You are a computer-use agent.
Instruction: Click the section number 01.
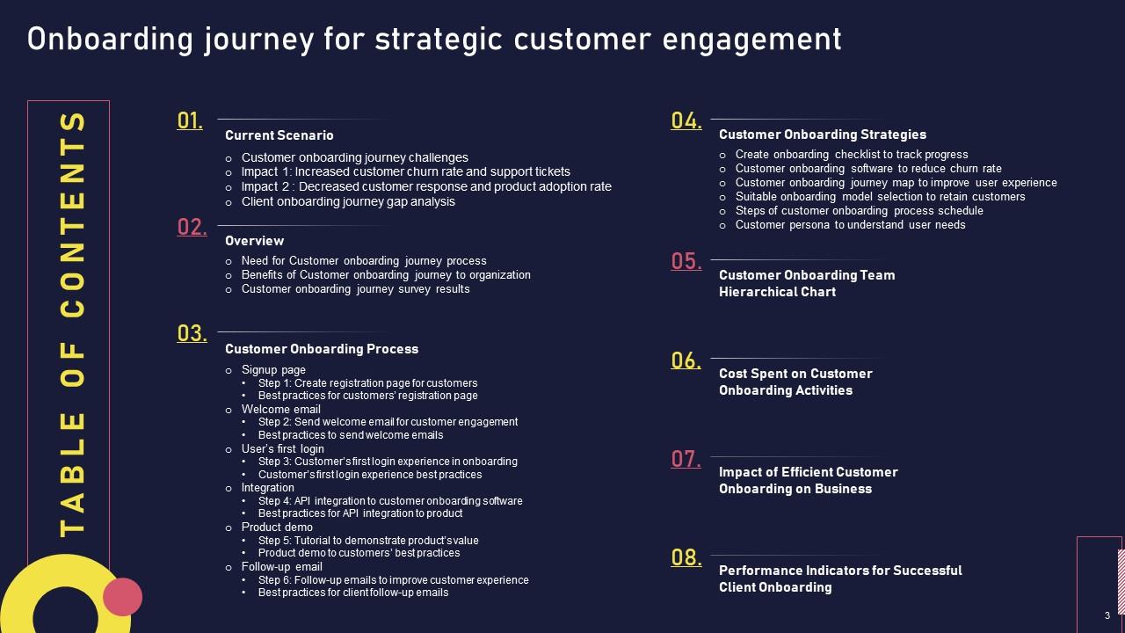coord(190,120)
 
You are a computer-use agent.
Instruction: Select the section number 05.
coord(686,261)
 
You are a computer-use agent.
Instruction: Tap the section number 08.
coord(686,557)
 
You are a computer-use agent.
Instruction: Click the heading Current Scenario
coord(279,135)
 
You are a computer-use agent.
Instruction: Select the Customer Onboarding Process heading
coord(321,349)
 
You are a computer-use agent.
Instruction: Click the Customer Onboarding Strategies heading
coord(822,135)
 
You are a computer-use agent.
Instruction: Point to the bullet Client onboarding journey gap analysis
coord(348,201)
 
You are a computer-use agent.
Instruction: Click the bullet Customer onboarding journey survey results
coord(355,288)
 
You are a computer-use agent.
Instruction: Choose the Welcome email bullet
coord(280,409)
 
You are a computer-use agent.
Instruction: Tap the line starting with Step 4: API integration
coord(389,501)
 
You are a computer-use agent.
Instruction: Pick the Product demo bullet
coord(277,527)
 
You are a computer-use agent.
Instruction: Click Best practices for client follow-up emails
coord(352,593)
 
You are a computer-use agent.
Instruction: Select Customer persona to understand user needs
coord(850,224)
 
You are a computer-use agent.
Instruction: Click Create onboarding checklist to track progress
coord(851,154)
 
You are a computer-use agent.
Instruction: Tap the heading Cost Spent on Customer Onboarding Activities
coord(795,382)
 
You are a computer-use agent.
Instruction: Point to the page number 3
coord(1107,615)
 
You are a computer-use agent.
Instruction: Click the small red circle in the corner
coord(122,597)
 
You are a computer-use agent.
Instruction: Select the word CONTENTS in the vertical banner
coord(74,215)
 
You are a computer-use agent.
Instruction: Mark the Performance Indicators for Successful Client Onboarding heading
coord(839,578)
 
